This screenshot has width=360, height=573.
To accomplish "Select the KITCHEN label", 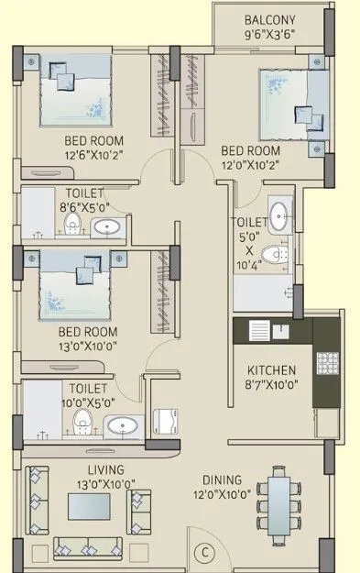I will coord(272,370).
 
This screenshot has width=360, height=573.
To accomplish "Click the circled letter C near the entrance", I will coord(205,553).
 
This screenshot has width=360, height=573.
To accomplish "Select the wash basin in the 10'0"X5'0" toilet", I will coord(123,424).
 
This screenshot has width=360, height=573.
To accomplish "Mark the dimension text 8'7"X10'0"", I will coord(272,386).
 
